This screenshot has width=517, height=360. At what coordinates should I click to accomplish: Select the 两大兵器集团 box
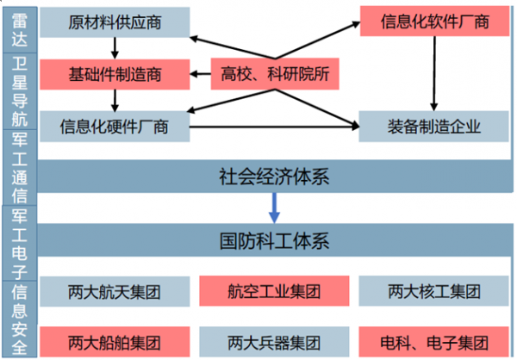pos(273,340)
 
